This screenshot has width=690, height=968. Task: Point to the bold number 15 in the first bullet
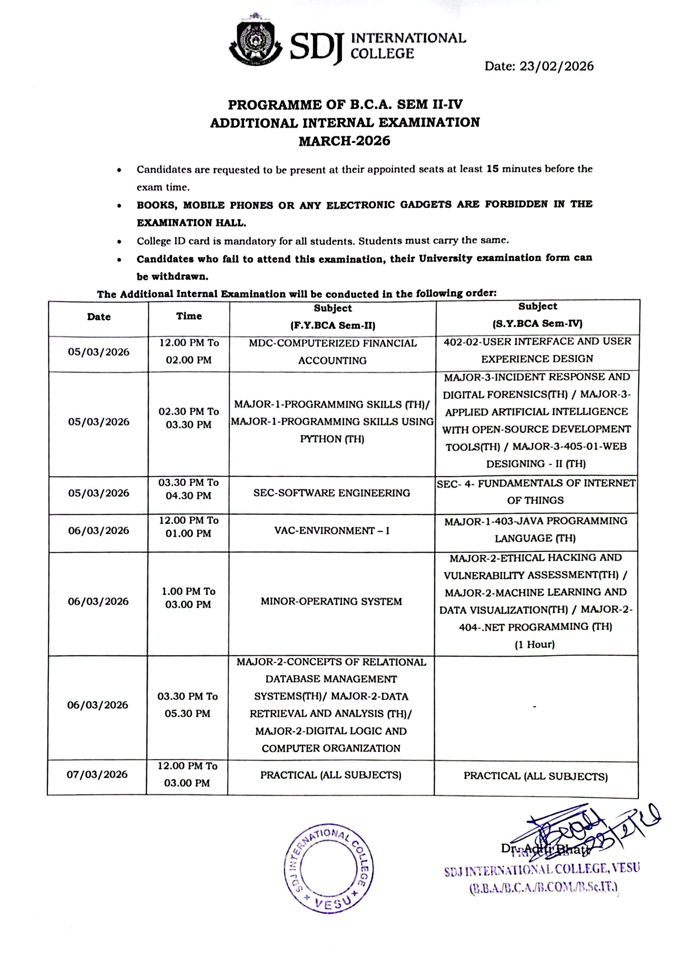click(x=493, y=169)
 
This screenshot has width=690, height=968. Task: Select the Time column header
click(x=189, y=316)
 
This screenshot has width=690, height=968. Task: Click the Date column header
click(x=99, y=317)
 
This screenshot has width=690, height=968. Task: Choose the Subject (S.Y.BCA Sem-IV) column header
click(x=537, y=315)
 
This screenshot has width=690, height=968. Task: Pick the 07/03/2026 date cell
click(x=97, y=774)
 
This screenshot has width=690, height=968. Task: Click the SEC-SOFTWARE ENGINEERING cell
click(x=331, y=493)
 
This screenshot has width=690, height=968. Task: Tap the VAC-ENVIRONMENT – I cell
click(x=331, y=531)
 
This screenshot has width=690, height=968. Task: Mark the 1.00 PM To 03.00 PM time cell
click(x=188, y=598)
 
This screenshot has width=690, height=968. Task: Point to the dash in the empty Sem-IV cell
click(x=534, y=707)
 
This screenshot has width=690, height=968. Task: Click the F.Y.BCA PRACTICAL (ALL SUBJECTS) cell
click(x=331, y=775)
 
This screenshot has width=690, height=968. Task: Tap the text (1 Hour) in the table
click(x=534, y=644)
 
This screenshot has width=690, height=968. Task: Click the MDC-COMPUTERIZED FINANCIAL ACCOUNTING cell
click(x=332, y=352)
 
